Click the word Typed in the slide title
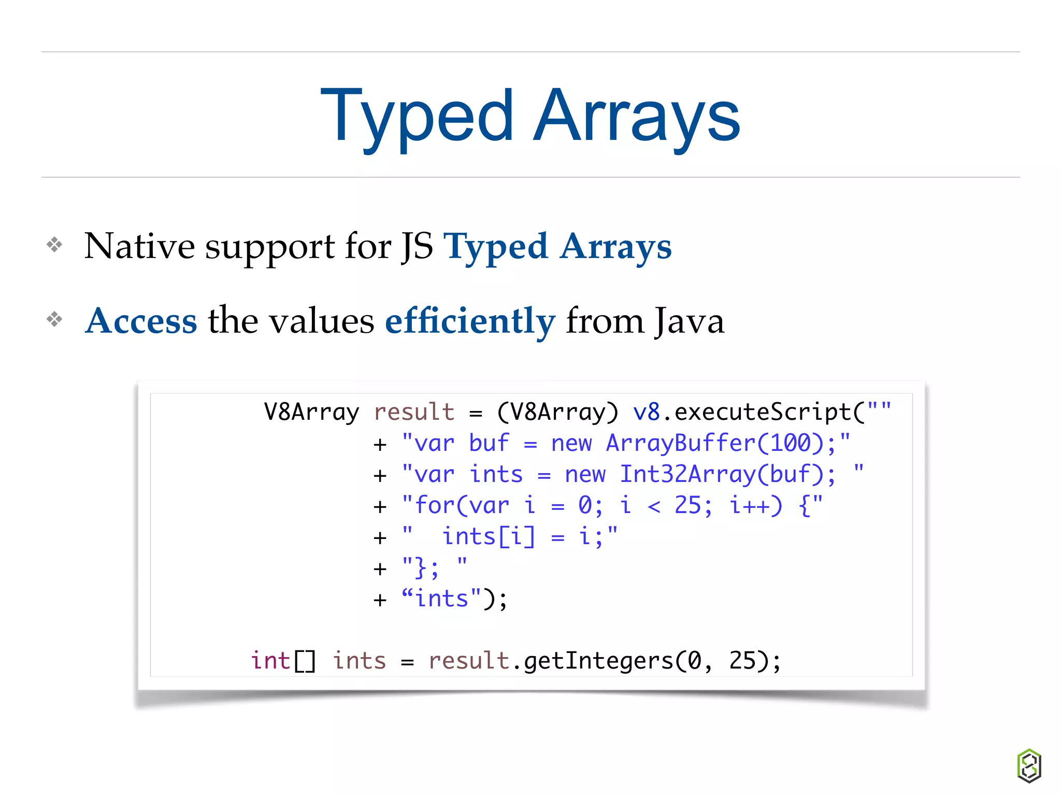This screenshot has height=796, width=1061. coord(417,117)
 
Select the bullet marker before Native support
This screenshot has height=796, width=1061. coord(54,245)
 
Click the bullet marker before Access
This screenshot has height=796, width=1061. coord(54,319)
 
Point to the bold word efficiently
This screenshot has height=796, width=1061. coord(470,321)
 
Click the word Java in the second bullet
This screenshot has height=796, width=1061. coord(689,321)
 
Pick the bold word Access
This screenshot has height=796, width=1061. coord(141,321)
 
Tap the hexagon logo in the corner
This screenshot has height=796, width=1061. coord(1029,765)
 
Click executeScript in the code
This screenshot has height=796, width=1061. coord(763,413)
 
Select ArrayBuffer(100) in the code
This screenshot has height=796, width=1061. coord(715,444)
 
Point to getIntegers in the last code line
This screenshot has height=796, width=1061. coord(598,661)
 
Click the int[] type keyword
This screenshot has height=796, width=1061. coord(283,661)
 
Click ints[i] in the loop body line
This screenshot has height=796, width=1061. coord(489,537)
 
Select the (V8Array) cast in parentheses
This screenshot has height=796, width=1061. coord(557,413)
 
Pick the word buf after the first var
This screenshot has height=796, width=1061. coord(489,444)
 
